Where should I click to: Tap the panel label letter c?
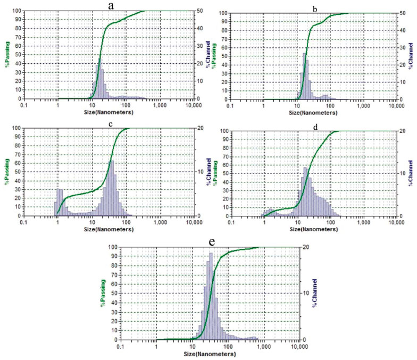tap(110, 124)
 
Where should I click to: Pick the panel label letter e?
tap(212, 242)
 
